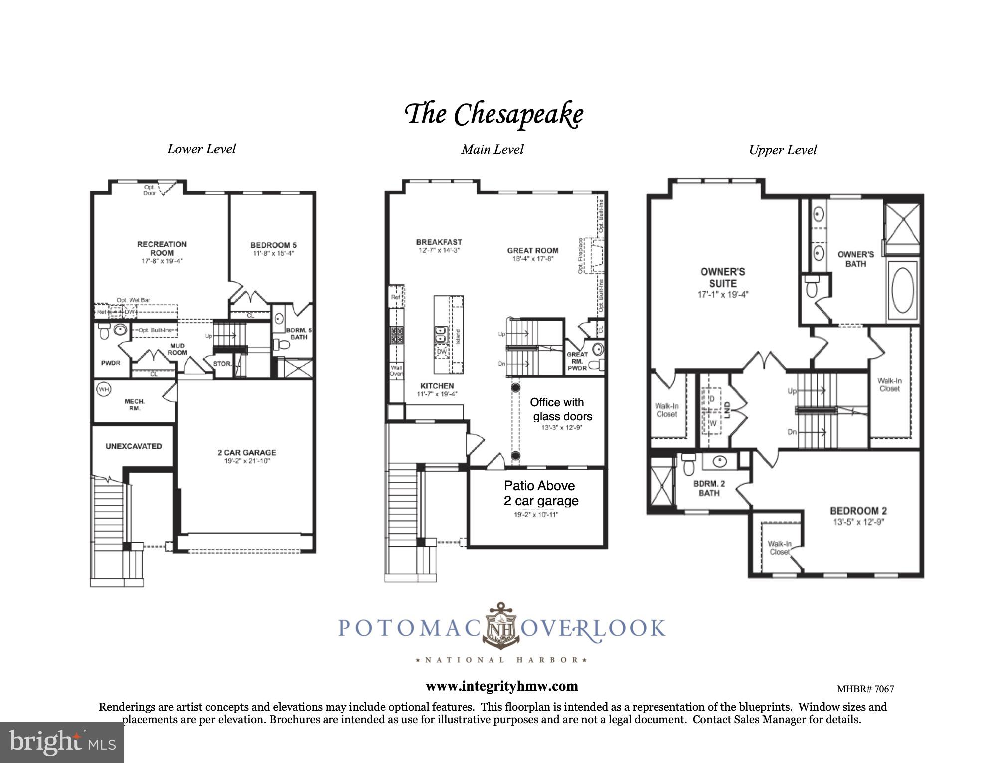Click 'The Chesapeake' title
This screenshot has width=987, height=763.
pyautogui.click(x=493, y=114)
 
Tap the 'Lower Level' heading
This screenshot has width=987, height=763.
pyautogui.click(x=201, y=149)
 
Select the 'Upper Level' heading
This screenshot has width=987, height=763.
pyautogui.click(x=783, y=150)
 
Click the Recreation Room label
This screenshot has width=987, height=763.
pyautogui.click(x=162, y=248)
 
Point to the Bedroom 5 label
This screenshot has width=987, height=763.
pyautogui.click(x=273, y=245)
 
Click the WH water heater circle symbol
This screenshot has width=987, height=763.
pyautogui.click(x=103, y=389)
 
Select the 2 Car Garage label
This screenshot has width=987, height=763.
pyautogui.click(x=246, y=452)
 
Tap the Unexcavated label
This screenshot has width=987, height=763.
pyautogui.click(x=134, y=446)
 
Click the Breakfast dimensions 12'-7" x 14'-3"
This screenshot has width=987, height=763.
pyautogui.click(x=439, y=250)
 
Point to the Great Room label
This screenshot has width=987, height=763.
pyautogui.click(x=532, y=250)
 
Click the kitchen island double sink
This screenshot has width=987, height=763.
pyautogui.click(x=441, y=334)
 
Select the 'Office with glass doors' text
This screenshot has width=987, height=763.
pyautogui.click(x=561, y=409)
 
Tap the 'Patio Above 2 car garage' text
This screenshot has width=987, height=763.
pyautogui.click(x=541, y=493)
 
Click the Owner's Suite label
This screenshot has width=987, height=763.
pyautogui.click(x=722, y=277)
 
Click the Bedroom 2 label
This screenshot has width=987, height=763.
pyautogui.click(x=858, y=511)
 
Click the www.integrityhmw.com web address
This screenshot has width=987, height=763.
pyautogui.click(x=501, y=686)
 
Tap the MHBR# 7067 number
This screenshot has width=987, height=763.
pyautogui.click(x=865, y=689)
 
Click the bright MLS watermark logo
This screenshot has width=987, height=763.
pyautogui.click(x=62, y=742)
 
